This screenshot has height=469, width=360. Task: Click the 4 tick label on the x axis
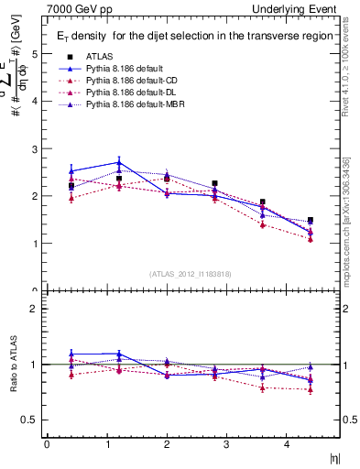(287, 444)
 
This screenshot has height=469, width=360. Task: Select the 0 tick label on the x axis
(47, 444)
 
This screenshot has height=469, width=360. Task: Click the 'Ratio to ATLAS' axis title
(12, 365)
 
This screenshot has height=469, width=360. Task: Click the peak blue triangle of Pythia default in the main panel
(119, 162)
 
